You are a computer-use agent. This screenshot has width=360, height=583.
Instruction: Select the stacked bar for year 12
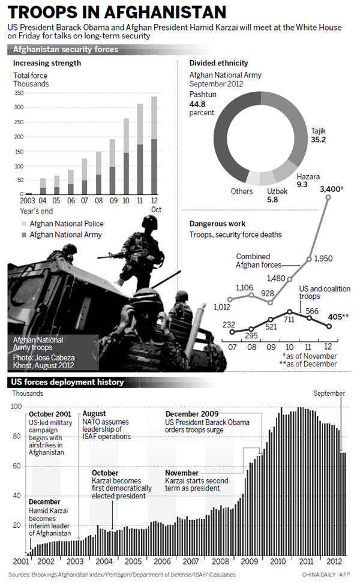coord(154,151)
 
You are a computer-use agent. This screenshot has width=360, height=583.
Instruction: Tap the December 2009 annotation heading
coord(193,414)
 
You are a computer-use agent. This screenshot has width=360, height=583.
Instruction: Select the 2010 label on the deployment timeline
coord(277,561)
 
